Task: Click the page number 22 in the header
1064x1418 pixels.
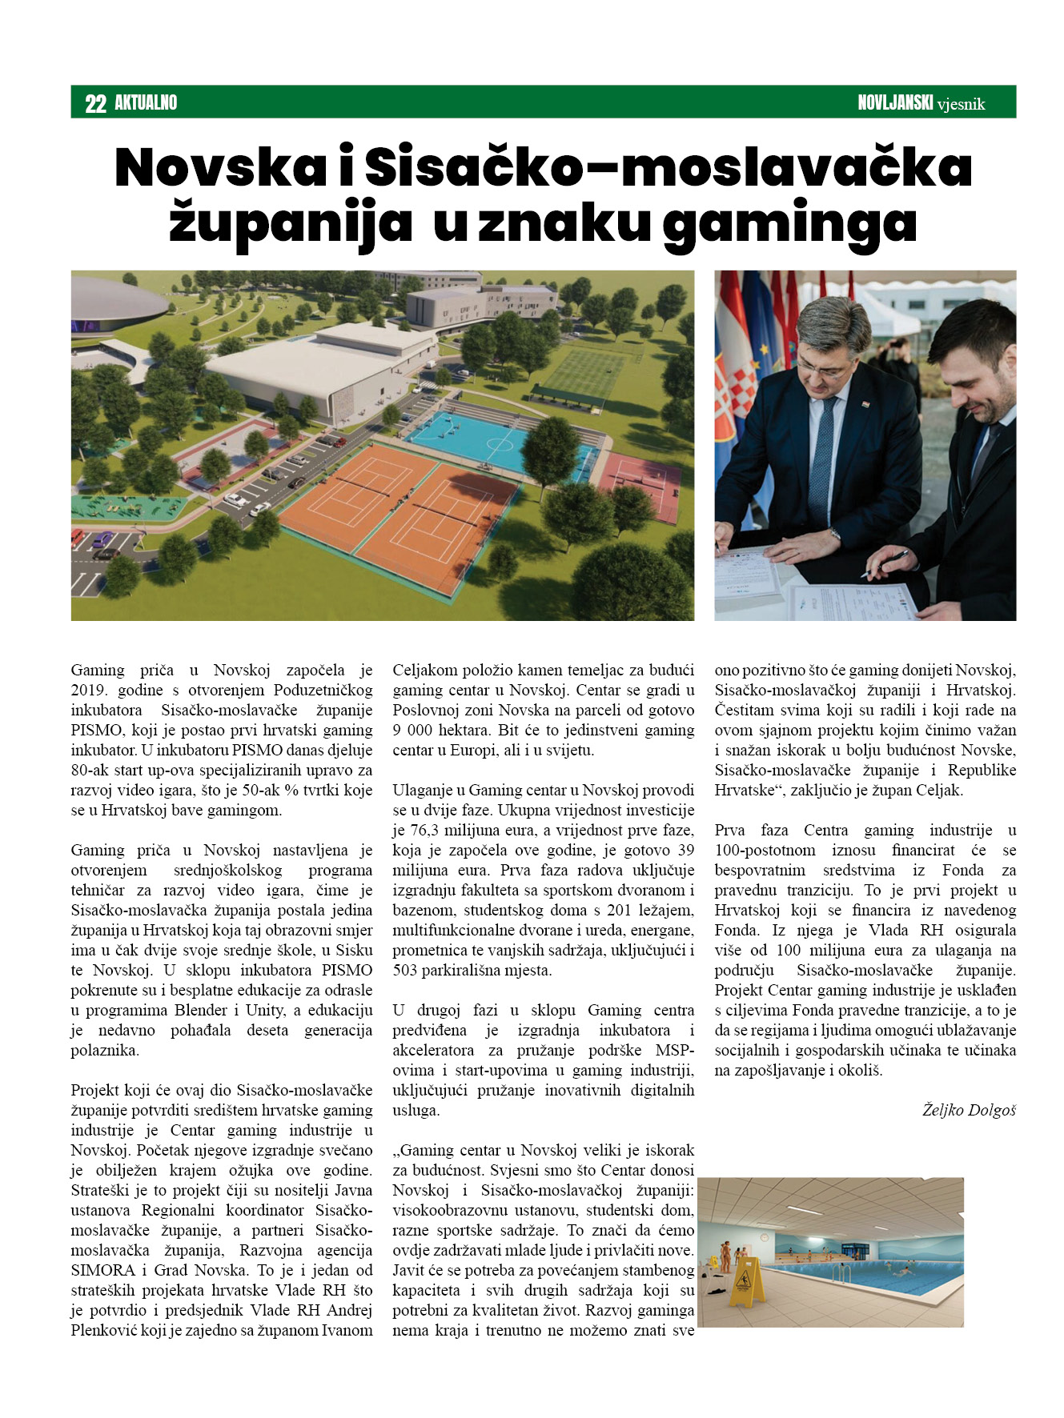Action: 95,103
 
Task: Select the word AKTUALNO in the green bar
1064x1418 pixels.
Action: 146,102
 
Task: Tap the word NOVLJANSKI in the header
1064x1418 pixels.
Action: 895,102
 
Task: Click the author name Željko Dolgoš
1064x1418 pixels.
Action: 969,1110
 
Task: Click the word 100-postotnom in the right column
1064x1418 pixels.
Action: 765,850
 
